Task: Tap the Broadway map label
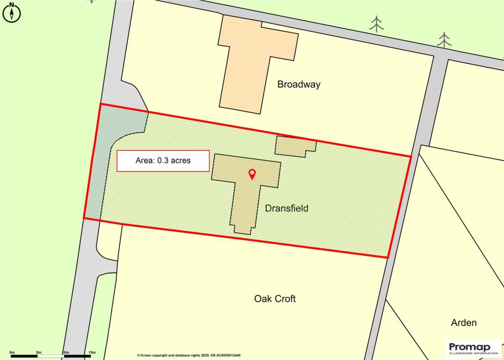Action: [299, 84]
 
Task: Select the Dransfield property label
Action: [286, 208]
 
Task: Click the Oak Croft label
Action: [275, 298]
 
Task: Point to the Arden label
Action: [464, 323]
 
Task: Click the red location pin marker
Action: [252, 174]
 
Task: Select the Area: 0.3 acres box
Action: [163, 161]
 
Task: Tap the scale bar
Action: [51, 356]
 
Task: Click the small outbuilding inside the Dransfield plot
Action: [294, 146]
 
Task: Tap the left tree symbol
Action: [377, 24]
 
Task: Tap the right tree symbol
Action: [444, 40]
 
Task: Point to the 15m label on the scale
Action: [92, 352]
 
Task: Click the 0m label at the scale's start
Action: [12, 352]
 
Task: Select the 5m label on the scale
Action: [39, 352]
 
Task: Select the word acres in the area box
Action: [180, 161]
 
